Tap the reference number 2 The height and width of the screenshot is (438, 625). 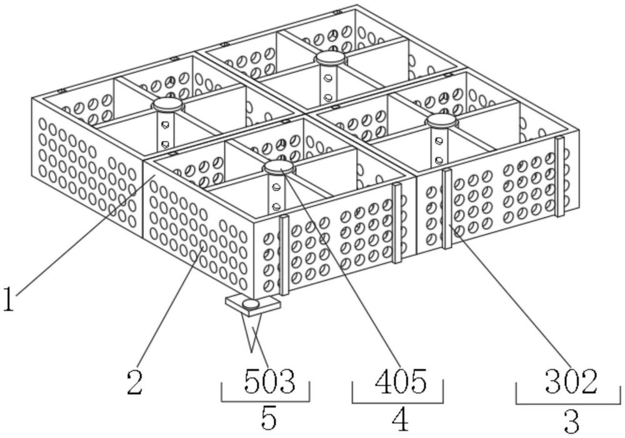click(x=134, y=382)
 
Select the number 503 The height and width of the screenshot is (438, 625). click(x=269, y=381)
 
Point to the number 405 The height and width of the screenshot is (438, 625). click(x=401, y=381)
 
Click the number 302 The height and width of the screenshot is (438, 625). click(x=571, y=381)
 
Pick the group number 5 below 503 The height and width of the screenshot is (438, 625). click(x=268, y=418)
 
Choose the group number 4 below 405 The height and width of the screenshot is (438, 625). click(x=400, y=419)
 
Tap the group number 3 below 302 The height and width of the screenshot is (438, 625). click(x=571, y=421)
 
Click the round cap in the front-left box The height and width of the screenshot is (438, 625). click(x=278, y=167)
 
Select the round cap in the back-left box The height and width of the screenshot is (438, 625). click(x=166, y=105)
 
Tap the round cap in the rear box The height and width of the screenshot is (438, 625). click(x=330, y=58)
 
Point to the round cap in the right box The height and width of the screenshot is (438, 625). click(x=441, y=121)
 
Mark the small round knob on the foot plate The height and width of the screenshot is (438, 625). click(x=251, y=304)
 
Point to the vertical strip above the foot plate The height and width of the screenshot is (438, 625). click(x=284, y=255)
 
